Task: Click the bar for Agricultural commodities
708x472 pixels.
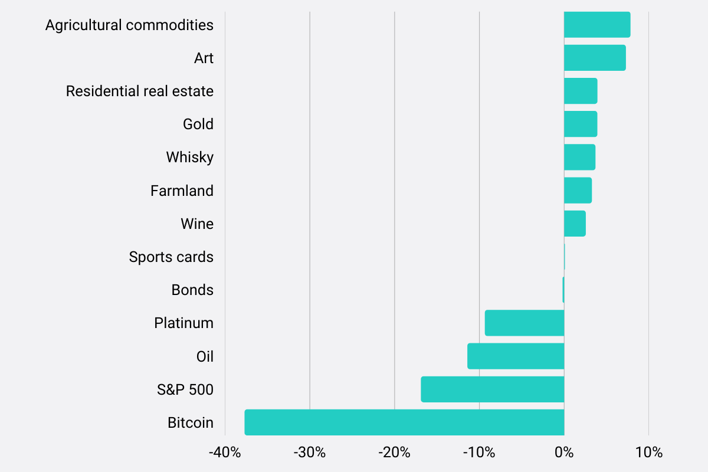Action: [x=596, y=25]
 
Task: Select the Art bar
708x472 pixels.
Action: [x=594, y=58]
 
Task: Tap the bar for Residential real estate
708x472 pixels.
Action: [x=580, y=91]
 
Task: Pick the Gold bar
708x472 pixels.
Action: [x=580, y=124]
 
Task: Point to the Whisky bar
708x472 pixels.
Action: [x=579, y=158]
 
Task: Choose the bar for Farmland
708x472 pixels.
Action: [x=578, y=191]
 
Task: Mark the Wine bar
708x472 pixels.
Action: [x=575, y=224]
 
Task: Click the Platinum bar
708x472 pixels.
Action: [x=524, y=323]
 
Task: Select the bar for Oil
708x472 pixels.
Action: [x=516, y=356]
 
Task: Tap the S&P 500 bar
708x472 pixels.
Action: [x=492, y=389]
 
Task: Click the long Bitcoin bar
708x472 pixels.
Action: [x=404, y=422]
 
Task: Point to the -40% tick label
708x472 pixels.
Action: [x=225, y=453]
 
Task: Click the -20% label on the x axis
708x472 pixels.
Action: [x=394, y=453]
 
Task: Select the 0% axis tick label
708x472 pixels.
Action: [x=564, y=453]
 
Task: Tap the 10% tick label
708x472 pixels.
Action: [x=649, y=453]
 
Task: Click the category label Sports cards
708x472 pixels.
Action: [x=171, y=257]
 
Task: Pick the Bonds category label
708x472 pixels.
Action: [x=192, y=290]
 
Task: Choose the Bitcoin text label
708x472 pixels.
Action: [x=190, y=423]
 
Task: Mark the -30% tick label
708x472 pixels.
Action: [x=310, y=453]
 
